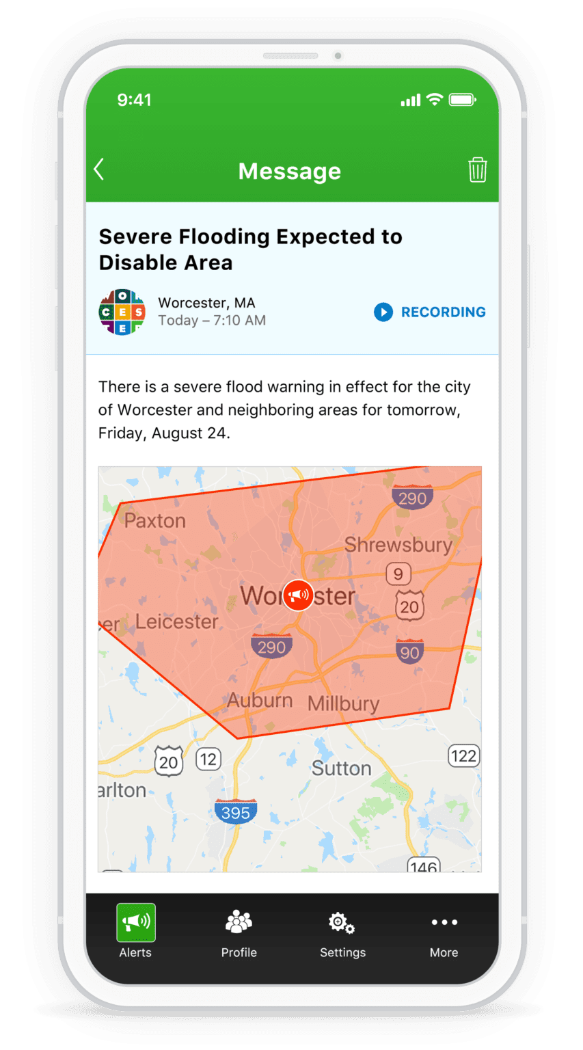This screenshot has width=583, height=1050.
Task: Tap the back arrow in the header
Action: [99, 170]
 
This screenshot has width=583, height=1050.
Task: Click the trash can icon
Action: [477, 170]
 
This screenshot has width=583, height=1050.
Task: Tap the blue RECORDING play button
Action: [383, 312]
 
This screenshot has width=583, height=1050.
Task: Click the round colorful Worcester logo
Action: [122, 312]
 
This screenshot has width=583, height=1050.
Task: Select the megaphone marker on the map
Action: [298, 595]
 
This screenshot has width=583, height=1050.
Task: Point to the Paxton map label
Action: [155, 521]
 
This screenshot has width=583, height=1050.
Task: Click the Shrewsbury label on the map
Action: [398, 545]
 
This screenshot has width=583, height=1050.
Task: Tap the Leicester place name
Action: [177, 621]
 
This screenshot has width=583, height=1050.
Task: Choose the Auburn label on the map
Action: [260, 701]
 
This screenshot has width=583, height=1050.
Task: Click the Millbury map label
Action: [343, 703]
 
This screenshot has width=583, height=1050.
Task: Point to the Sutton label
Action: [342, 768]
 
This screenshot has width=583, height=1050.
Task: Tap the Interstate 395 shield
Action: [236, 811]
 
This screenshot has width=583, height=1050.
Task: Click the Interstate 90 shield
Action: [409, 652]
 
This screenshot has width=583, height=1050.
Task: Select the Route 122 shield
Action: [463, 756]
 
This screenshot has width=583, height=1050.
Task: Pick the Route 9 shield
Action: [398, 574]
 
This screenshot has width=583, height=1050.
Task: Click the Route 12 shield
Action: [208, 759]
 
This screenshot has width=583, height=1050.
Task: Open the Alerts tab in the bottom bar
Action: [135, 930]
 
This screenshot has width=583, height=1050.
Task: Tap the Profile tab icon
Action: [239, 923]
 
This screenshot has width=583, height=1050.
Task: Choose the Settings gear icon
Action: [342, 923]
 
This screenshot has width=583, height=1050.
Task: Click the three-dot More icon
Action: [444, 922]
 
